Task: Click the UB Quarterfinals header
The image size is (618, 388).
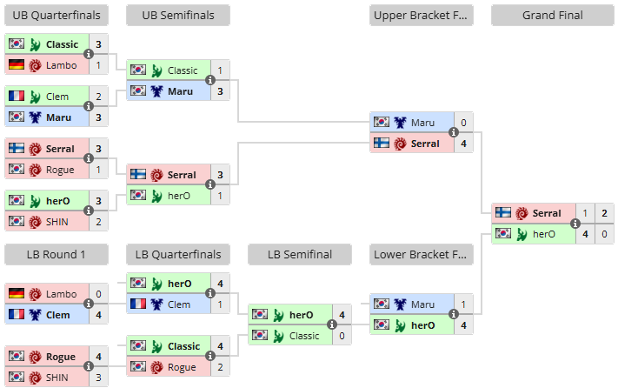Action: click(56, 16)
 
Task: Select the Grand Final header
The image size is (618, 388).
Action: click(552, 16)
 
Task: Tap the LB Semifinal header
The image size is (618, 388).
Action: click(300, 255)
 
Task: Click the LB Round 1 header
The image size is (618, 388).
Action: click(56, 255)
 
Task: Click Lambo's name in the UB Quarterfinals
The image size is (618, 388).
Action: click(62, 65)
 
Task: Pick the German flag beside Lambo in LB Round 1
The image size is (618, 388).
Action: click(17, 293)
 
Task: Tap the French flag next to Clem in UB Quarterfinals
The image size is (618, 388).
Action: click(17, 96)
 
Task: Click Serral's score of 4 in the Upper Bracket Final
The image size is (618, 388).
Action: click(463, 144)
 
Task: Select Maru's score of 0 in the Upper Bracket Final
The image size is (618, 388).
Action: click(463, 123)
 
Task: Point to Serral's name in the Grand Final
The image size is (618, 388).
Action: click(547, 213)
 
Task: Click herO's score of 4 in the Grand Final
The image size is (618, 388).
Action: click(585, 234)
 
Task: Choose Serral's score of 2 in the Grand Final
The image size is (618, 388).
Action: click(605, 213)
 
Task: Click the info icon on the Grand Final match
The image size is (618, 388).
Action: click(575, 224)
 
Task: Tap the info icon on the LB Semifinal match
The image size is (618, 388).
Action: click(332, 324)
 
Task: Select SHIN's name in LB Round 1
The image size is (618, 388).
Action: click(57, 378)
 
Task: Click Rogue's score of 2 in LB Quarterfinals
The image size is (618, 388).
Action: click(220, 367)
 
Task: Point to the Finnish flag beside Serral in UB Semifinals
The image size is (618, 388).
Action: click(138, 174)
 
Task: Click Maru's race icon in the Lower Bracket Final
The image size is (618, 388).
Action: click(400, 304)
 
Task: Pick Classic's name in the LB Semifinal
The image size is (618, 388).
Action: click(304, 336)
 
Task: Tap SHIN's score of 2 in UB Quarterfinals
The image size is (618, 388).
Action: click(98, 222)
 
